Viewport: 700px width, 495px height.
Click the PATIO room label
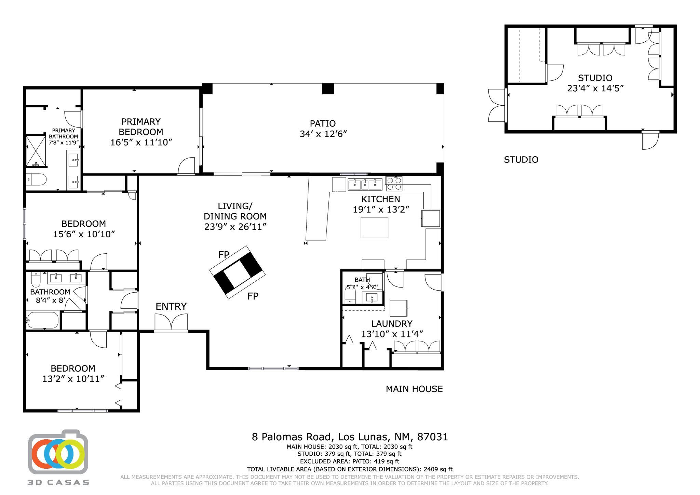click(x=323, y=123)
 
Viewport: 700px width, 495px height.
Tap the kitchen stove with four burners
click(x=394, y=184)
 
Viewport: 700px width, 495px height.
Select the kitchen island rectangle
click(x=374, y=227)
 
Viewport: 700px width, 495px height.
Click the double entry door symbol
click(x=171, y=322)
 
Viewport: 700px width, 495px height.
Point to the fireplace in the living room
click(x=237, y=272)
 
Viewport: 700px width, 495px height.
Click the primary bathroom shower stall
click(x=36, y=151)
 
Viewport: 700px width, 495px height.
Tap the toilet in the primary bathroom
click(x=36, y=179)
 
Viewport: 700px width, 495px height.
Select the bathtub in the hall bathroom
click(x=43, y=320)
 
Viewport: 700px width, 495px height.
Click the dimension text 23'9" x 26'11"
click(x=235, y=227)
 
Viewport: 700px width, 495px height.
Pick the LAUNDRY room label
click(x=392, y=323)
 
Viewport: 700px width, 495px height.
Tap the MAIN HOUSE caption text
click(x=414, y=389)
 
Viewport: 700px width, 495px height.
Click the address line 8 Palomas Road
click(x=349, y=437)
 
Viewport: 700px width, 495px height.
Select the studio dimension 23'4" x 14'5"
click(x=595, y=88)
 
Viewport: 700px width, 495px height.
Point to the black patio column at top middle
click(x=328, y=89)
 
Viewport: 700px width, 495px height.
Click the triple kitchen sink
click(x=365, y=185)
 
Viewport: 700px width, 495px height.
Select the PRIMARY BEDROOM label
click(x=141, y=127)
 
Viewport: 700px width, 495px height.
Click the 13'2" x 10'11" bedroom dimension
click(x=73, y=379)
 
